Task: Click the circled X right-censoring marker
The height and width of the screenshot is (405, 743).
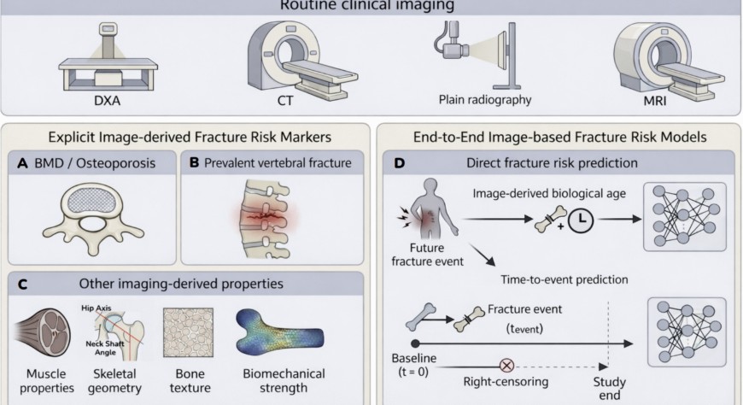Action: pyautogui.click(x=506, y=362)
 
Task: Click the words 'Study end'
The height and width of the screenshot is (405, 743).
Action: pyautogui.click(x=608, y=389)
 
